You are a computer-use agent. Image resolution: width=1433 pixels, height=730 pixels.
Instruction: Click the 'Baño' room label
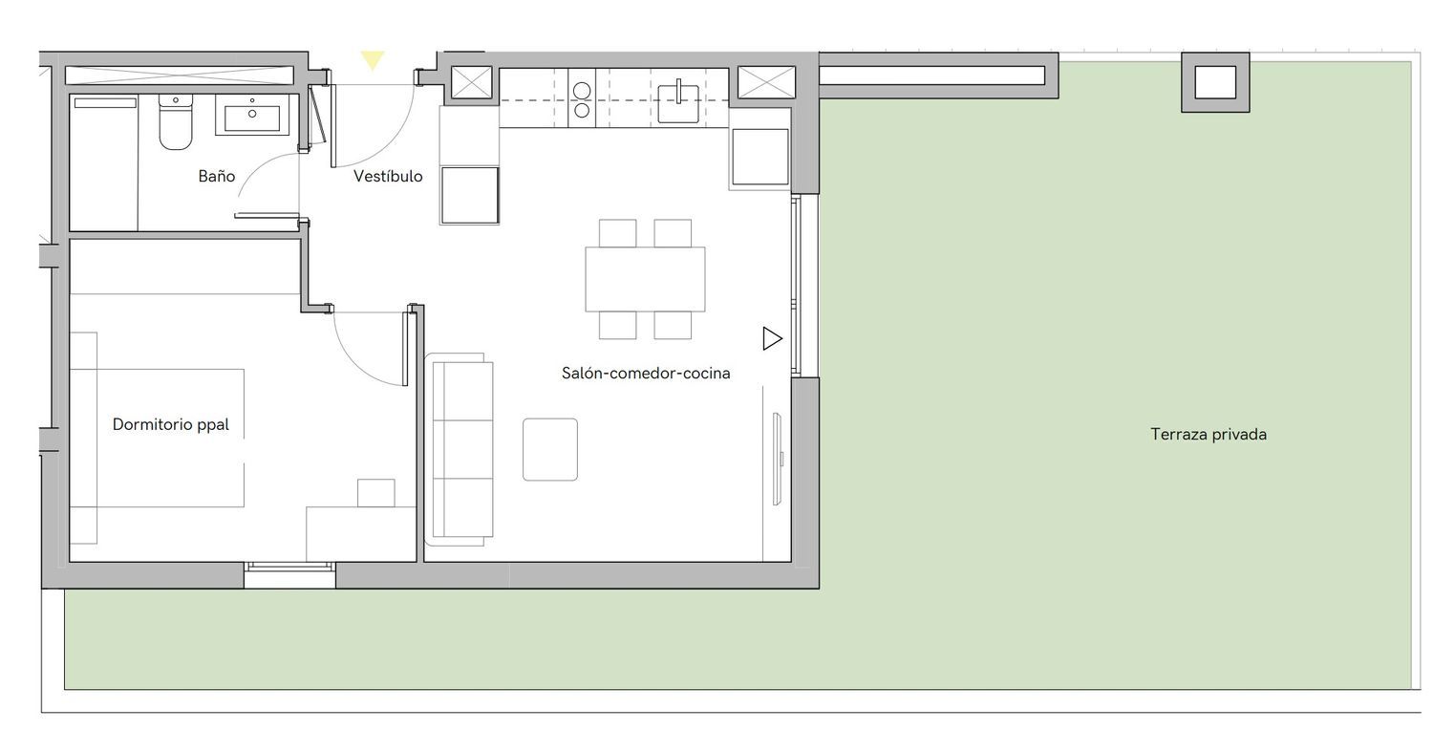pyautogui.click(x=216, y=176)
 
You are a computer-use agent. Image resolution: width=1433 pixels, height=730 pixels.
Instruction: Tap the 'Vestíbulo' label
pyautogui.click(x=388, y=176)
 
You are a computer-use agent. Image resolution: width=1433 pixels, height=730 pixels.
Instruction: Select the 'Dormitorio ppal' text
pyautogui.click(x=170, y=424)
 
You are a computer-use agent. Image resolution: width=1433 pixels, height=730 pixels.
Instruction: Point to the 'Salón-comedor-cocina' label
pyautogui.click(x=646, y=373)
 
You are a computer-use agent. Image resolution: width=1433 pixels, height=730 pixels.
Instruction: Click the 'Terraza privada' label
pyautogui.click(x=1208, y=435)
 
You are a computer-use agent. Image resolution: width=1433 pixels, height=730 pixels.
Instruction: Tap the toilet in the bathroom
pyautogui.click(x=175, y=121)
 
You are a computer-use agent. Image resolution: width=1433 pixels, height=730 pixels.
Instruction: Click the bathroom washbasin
pyautogui.click(x=252, y=116)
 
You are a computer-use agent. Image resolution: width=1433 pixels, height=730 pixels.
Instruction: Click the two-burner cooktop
pyautogui.click(x=582, y=99)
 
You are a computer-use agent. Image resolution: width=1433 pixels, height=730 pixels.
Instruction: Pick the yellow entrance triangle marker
pyautogui.click(x=373, y=59)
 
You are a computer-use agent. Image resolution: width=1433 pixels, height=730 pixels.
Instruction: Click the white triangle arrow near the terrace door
pyautogui.click(x=772, y=338)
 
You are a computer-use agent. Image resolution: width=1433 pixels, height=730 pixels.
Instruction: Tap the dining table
pyautogui.click(x=645, y=279)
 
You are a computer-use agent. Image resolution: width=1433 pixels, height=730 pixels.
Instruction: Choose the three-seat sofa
pyautogui.click(x=460, y=449)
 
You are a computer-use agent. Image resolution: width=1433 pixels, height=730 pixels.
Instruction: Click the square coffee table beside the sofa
pyautogui.click(x=550, y=449)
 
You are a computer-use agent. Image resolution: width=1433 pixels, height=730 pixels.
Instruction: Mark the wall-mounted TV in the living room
pyautogui.click(x=778, y=459)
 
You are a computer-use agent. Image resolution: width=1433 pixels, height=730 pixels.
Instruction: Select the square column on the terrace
pyautogui.click(x=1215, y=82)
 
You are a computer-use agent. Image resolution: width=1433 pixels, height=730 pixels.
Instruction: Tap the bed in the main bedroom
pyautogui.click(x=157, y=439)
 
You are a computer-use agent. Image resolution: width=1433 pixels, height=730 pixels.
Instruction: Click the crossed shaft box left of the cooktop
pyautogui.click(x=472, y=82)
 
